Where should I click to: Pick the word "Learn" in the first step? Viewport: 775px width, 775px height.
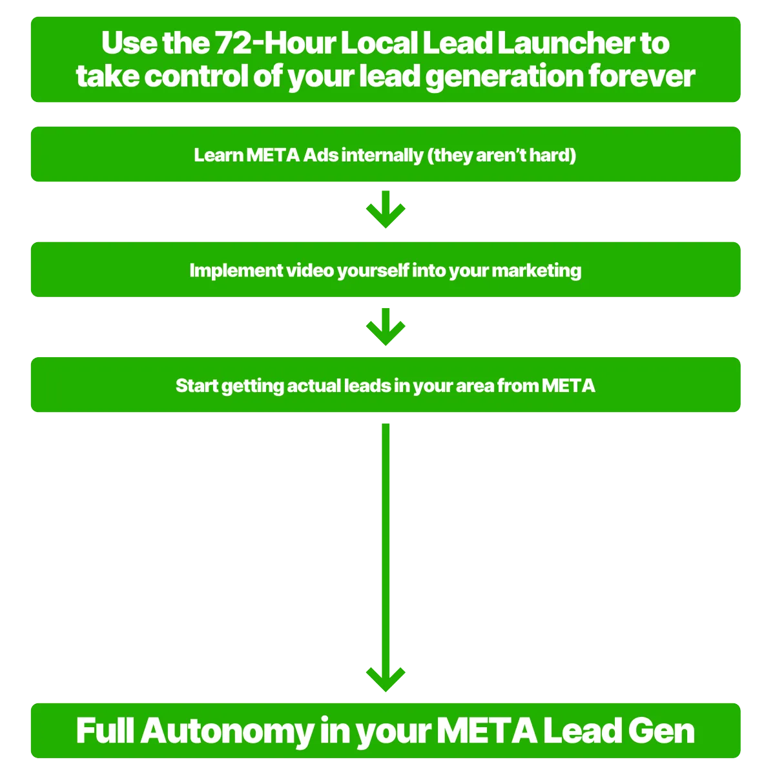tap(218, 155)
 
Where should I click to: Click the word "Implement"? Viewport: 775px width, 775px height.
tap(227, 270)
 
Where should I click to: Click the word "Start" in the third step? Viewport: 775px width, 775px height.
tap(196, 386)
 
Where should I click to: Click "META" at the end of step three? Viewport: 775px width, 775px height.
tap(568, 386)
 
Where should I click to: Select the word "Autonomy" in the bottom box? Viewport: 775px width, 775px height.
tap(226, 731)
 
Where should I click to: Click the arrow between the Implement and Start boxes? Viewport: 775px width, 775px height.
tap(386, 327)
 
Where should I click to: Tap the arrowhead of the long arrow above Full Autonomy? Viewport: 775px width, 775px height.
tap(386, 678)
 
